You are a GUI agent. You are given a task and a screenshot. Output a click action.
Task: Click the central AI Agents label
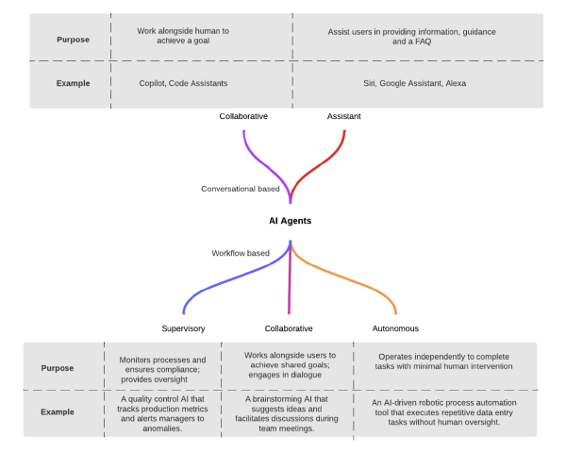click(x=290, y=220)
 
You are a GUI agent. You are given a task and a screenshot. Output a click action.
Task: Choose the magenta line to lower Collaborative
click(x=290, y=283)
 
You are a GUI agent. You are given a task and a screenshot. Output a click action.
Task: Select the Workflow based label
click(x=241, y=253)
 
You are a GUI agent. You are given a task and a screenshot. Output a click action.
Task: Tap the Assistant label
click(x=343, y=116)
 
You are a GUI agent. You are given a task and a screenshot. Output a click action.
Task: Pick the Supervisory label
click(x=184, y=328)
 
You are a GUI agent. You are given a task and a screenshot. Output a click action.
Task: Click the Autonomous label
click(x=396, y=328)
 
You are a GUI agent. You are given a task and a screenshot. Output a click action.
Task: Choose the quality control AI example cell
click(x=162, y=413)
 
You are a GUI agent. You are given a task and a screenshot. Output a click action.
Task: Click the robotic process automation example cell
click(x=441, y=413)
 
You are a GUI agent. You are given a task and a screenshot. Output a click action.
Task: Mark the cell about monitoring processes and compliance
click(x=162, y=366)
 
